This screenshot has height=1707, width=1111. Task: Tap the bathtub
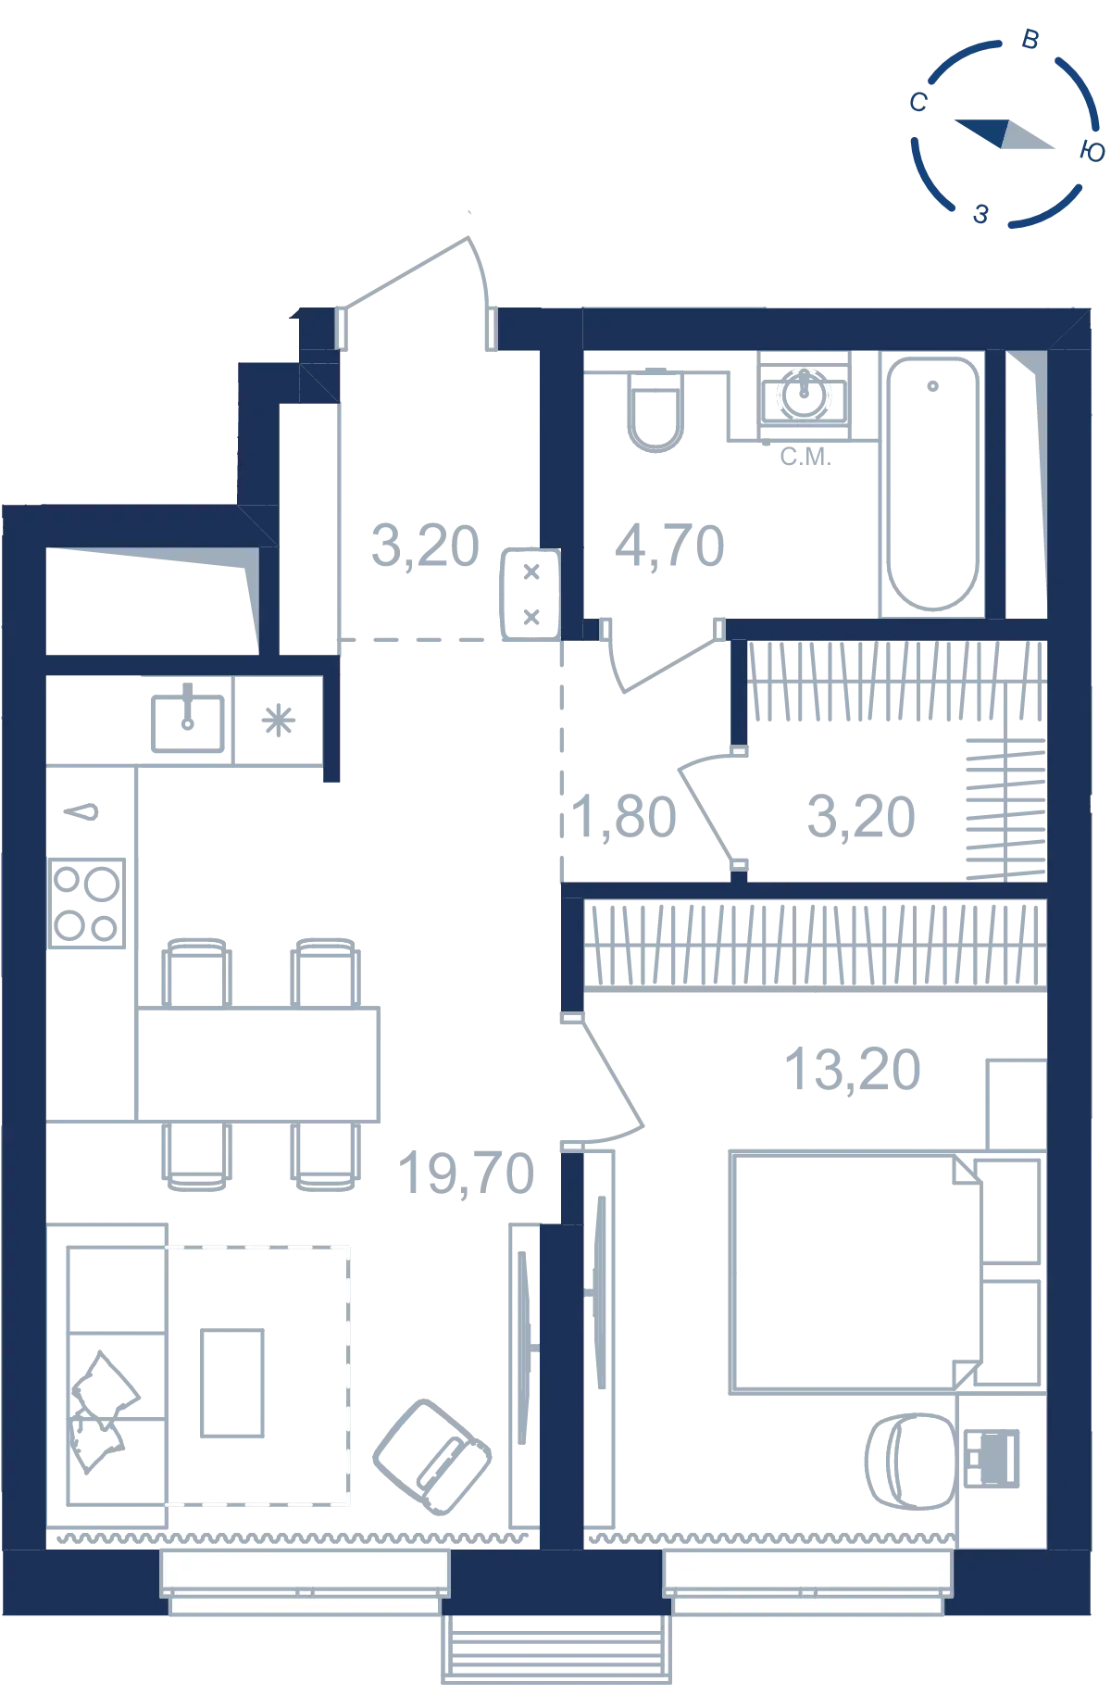[x=932, y=484]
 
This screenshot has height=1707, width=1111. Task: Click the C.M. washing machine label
[x=805, y=457]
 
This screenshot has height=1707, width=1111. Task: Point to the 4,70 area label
[x=669, y=546]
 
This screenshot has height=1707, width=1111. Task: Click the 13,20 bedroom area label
[x=853, y=1070]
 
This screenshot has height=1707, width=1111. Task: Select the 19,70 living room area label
[x=466, y=1174]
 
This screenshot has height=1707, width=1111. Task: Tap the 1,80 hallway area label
[x=623, y=817]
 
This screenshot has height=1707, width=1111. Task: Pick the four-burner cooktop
[x=87, y=903]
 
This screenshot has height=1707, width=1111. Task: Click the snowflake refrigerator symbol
[x=278, y=721]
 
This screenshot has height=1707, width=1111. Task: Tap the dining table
[x=257, y=1064]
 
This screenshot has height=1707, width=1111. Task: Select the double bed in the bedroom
[x=856, y=1273]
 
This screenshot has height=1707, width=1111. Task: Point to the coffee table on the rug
[x=232, y=1383]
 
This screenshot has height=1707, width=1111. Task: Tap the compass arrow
[x=1005, y=133]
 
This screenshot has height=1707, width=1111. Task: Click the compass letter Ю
[x=1092, y=152]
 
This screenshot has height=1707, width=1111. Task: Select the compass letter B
[x=1030, y=40]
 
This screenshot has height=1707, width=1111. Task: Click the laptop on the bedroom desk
[x=992, y=1459]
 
